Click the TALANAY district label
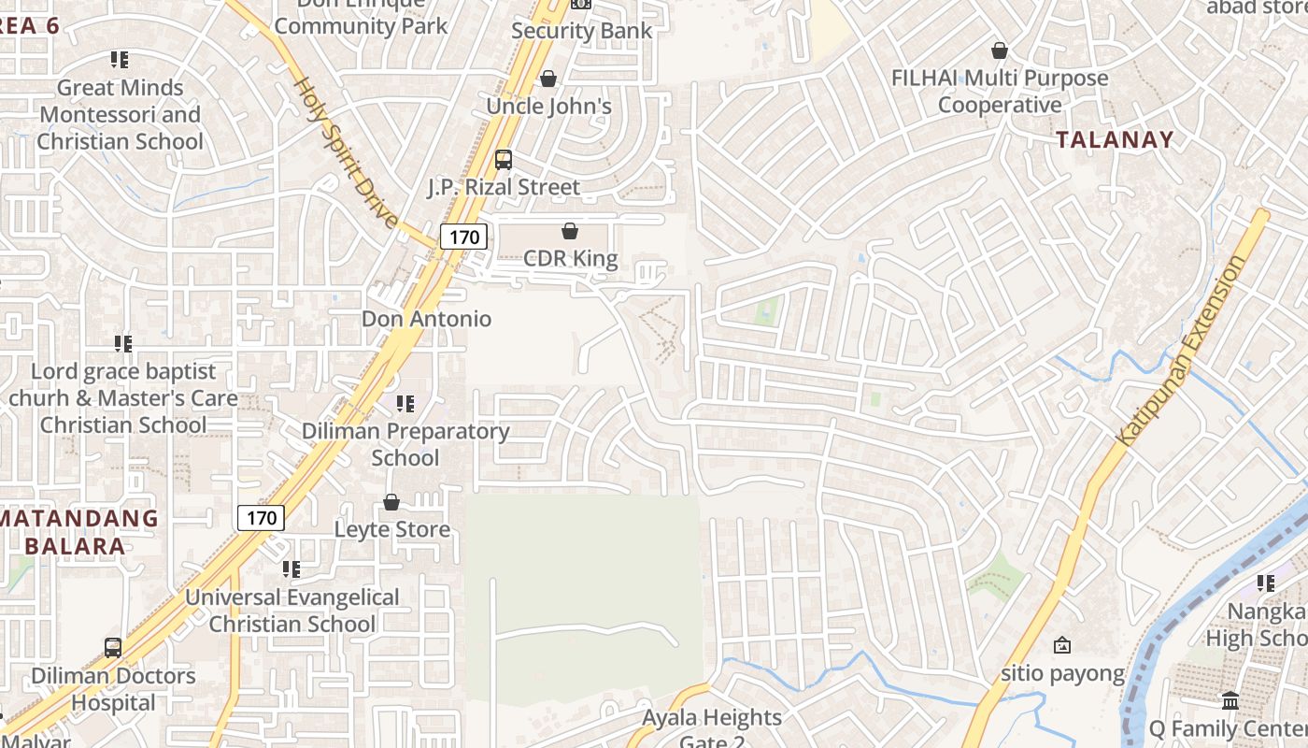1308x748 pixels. (1114, 140)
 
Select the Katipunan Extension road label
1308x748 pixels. (1181, 350)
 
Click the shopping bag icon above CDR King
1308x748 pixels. (570, 231)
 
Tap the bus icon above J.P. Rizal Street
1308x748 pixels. (504, 160)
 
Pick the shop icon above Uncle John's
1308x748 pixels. (548, 79)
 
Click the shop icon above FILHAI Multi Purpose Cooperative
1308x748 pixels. (1000, 50)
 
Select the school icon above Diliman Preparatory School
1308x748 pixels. (405, 404)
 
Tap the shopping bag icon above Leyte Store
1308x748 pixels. (391, 503)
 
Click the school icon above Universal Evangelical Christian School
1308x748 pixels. (291, 569)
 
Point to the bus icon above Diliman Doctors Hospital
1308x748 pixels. (113, 648)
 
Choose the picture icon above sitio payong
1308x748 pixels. (1062, 645)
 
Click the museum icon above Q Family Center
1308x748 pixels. (1230, 701)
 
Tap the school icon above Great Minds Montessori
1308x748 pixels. (120, 61)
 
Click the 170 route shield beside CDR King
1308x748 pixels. (464, 237)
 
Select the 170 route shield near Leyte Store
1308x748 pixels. (261, 517)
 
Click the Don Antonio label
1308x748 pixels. (426, 319)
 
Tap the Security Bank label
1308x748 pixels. (581, 31)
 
